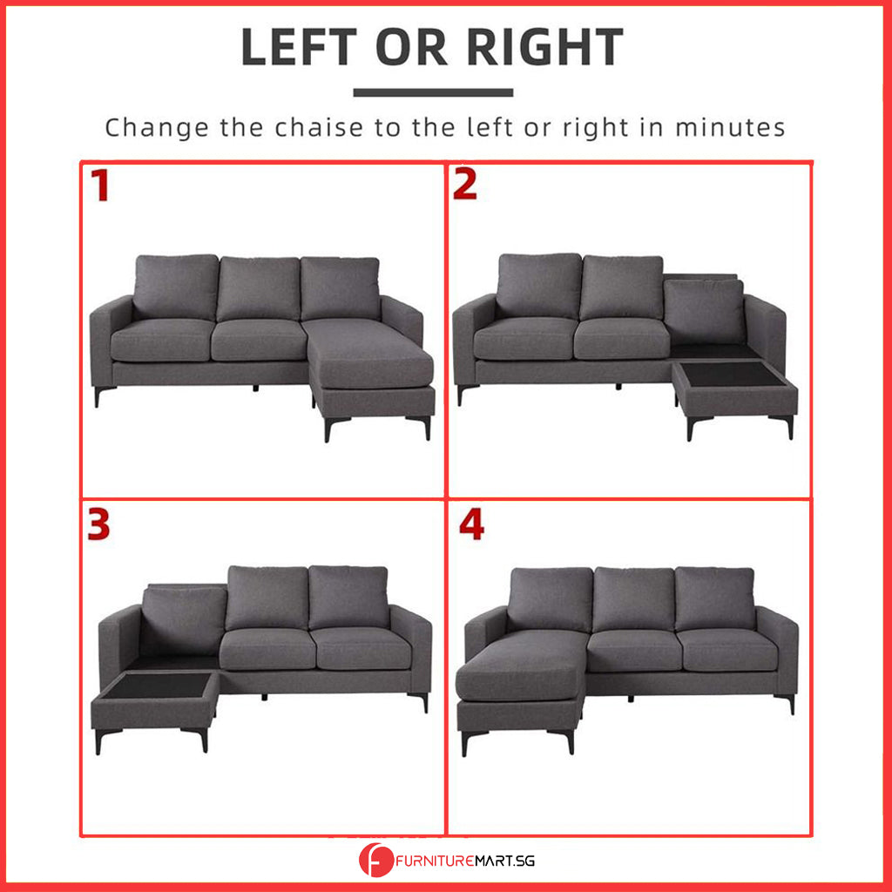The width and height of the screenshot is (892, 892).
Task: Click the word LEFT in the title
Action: coord(300,47)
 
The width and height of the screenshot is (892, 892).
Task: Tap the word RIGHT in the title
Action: coord(545,47)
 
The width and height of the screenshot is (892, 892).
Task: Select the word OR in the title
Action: coord(412,47)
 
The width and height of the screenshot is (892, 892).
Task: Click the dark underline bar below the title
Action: coord(433,92)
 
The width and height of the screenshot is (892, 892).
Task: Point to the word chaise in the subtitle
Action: coord(319,127)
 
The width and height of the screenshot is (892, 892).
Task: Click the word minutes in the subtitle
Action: coord(730,127)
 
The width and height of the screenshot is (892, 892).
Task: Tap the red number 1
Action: coord(100,185)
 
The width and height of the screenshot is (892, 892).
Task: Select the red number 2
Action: coord(465,185)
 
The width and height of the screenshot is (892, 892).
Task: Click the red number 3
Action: coord(98,524)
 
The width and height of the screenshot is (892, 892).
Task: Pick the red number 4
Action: coord(471,524)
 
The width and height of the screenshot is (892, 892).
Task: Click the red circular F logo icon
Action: coord(376,860)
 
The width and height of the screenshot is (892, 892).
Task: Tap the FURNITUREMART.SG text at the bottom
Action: coord(465,861)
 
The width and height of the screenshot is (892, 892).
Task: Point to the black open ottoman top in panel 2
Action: coord(733,374)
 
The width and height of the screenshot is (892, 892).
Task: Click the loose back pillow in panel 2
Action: coord(704,312)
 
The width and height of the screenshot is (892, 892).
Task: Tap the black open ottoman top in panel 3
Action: coord(159,686)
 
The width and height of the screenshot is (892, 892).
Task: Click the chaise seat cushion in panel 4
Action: coord(523,666)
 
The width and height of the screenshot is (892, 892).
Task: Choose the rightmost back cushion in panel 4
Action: coord(715,599)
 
